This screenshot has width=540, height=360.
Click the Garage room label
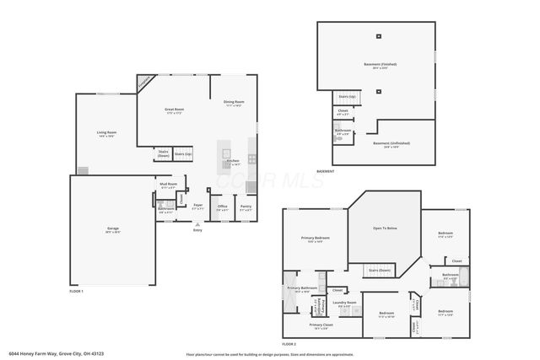(x=112, y=229)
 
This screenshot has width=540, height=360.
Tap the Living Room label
(x=106, y=134)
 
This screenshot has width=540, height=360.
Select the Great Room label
(x=174, y=110)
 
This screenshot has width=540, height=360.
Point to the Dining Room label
(x=234, y=104)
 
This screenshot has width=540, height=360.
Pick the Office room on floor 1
(x=223, y=207)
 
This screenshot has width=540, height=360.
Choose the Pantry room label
(x=246, y=207)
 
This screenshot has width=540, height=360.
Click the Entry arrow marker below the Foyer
(x=197, y=223)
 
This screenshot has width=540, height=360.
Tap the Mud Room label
(x=168, y=185)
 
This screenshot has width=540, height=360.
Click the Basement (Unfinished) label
(x=391, y=144)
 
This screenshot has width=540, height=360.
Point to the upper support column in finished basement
(x=379, y=36)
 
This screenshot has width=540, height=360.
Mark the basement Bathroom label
(x=343, y=132)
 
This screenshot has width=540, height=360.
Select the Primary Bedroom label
(x=316, y=239)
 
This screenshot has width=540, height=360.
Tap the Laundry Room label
(x=344, y=304)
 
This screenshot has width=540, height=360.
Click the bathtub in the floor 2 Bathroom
(x=448, y=284)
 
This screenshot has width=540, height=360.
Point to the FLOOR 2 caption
(x=289, y=345)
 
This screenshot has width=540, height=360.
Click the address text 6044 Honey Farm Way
(x=41, y=354)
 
